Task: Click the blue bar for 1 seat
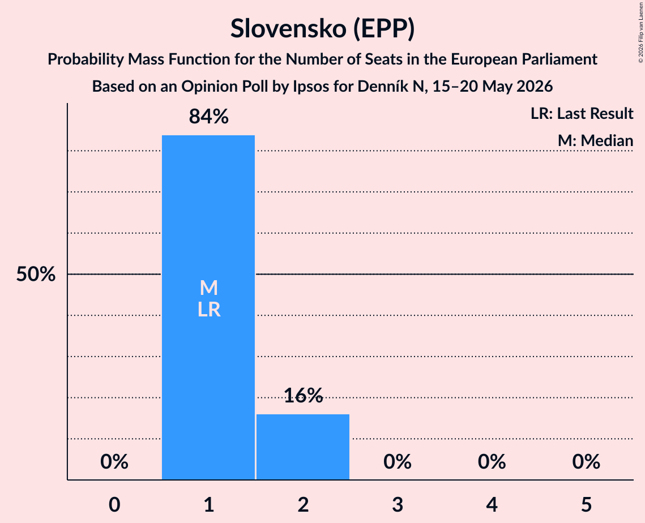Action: [x=208, y=307]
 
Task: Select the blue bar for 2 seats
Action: [x=303, y=447]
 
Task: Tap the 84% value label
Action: [x=208, y=117]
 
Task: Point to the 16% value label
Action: [x=303, y=395]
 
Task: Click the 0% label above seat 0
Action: [x=114, y=462]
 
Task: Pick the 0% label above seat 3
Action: [x=398, y=462]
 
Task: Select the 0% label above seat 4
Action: [x=492, y=462]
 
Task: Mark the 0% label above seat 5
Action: [x=586, y=462]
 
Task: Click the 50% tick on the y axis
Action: [x=36, y=274]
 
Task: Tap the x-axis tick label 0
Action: [x=114, y=504]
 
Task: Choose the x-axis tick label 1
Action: [x=209, y=504]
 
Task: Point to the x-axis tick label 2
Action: [x=303, y=504]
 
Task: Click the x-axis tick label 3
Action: [x=398, y=504]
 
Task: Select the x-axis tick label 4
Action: [x=492, y=504]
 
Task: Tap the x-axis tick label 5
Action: [x=586, y=504]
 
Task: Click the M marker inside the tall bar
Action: [x=208, y=288]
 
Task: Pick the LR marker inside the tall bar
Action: [x=209, y=310]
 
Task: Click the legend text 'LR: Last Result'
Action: [x=582, y=113]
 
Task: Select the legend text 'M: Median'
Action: [x=595, y=140]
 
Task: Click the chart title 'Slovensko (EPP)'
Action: [x=323, y=29]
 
